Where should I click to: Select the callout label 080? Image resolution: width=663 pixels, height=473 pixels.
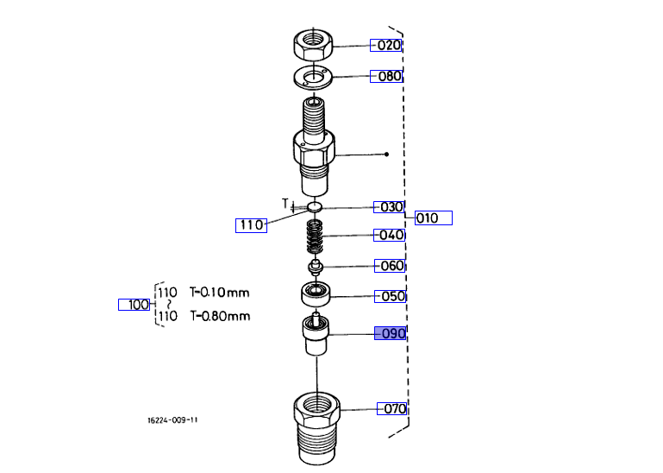387,76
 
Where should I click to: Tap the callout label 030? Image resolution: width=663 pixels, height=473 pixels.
389,207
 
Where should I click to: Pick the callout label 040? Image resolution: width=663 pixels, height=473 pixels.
389,235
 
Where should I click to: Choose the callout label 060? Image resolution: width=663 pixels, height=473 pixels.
390,266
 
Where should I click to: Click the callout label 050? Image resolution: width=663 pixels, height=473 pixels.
390,297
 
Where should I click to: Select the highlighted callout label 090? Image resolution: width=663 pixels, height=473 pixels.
390,333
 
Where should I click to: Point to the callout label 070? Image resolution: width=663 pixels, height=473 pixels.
392,408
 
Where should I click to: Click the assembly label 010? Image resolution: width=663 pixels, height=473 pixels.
433,218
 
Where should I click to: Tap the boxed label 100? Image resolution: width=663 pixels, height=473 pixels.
134,305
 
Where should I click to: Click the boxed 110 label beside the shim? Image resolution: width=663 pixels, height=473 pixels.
251,225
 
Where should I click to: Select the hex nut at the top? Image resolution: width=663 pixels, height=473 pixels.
314,43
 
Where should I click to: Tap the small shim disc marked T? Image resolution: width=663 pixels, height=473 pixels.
315,207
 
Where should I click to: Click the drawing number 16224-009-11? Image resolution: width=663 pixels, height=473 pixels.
172,420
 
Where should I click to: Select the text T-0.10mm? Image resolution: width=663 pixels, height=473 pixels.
219,293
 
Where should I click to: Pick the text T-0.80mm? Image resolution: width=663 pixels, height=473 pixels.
219,316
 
